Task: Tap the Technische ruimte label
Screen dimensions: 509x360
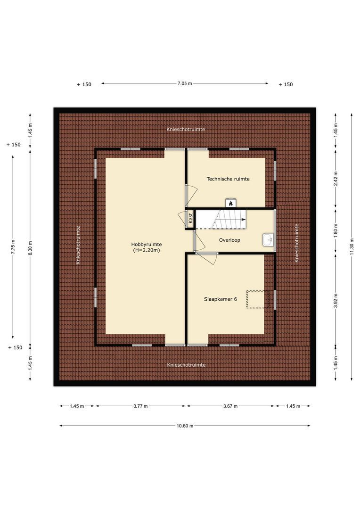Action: point(228,179)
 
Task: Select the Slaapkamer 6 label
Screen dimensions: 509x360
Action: point(220,299)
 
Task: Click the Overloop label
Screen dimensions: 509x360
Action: point(229,240)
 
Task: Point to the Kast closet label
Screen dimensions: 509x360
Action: point(190,219)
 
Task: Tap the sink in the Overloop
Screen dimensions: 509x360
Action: point(267,240)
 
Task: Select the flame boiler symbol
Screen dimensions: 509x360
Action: point(230,203)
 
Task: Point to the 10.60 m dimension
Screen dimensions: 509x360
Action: point(185,426)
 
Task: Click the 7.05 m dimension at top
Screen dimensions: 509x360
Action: point(185,83)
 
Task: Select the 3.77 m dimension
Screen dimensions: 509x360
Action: point(140,406)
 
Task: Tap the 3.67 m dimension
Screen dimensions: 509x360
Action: point(230,406)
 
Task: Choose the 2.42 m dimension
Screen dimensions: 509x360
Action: point(335,180)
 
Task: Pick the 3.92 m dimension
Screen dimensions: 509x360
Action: point(335,299)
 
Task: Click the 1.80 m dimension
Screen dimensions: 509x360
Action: point(335,231)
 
